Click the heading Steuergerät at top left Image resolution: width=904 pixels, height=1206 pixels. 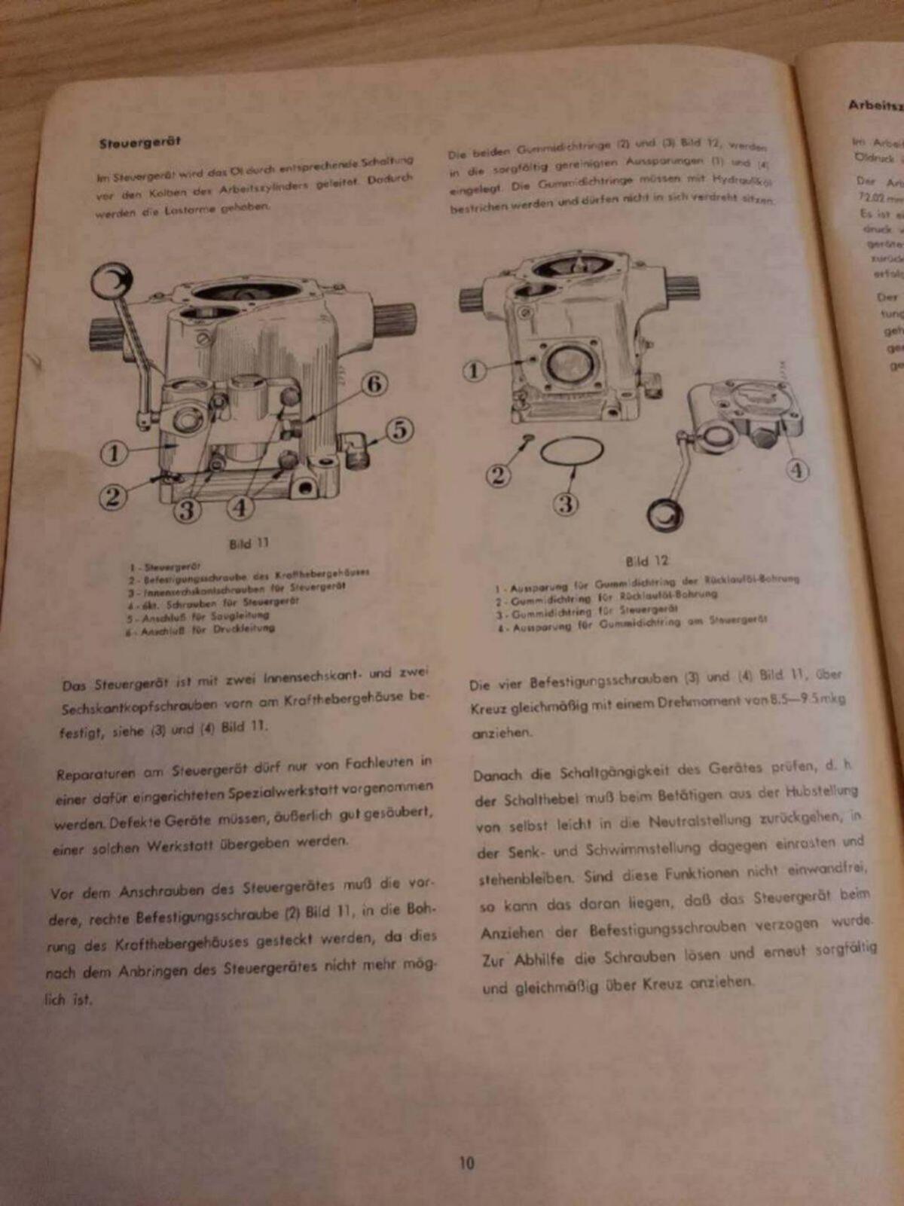pos(139,142)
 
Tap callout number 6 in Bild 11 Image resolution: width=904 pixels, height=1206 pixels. pos(374,384)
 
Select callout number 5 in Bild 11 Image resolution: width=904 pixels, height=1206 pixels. pos(400,429)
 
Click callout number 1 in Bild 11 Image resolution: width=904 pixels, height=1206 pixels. pos(114,453)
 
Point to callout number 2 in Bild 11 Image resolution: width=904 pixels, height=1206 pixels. pos(112,496)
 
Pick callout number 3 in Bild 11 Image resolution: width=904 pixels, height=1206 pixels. pos(186,509)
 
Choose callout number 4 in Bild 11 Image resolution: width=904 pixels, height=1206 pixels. pos(240,507)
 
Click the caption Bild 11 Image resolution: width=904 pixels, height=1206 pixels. pos(249,543)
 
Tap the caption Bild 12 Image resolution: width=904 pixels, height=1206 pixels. pos(646,560)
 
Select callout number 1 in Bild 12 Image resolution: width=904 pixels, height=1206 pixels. pos(474,371)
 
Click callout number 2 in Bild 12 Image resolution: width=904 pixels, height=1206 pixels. pos(498,475)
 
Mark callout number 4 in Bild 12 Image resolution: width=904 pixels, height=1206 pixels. pos(797,471)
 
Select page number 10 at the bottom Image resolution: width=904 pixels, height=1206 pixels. pos(467,1162)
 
